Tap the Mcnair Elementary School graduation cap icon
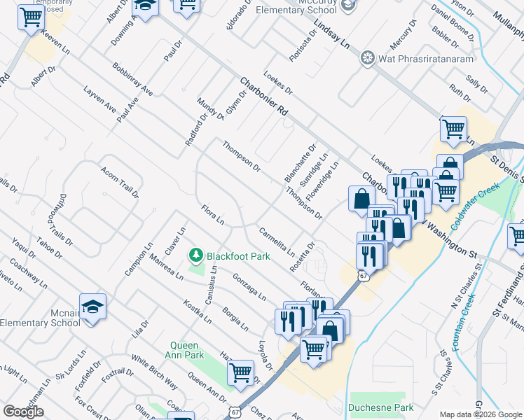click(92, 307)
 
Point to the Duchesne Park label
click(380, 407)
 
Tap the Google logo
click(23, 412)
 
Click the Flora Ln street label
click(212, 215)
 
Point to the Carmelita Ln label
click(276, 241)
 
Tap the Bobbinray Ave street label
click(132, 79)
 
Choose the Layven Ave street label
click(99, 100)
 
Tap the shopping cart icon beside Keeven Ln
click(31, 18)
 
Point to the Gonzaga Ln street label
click(249, 286)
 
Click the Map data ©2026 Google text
click(480, 414)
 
